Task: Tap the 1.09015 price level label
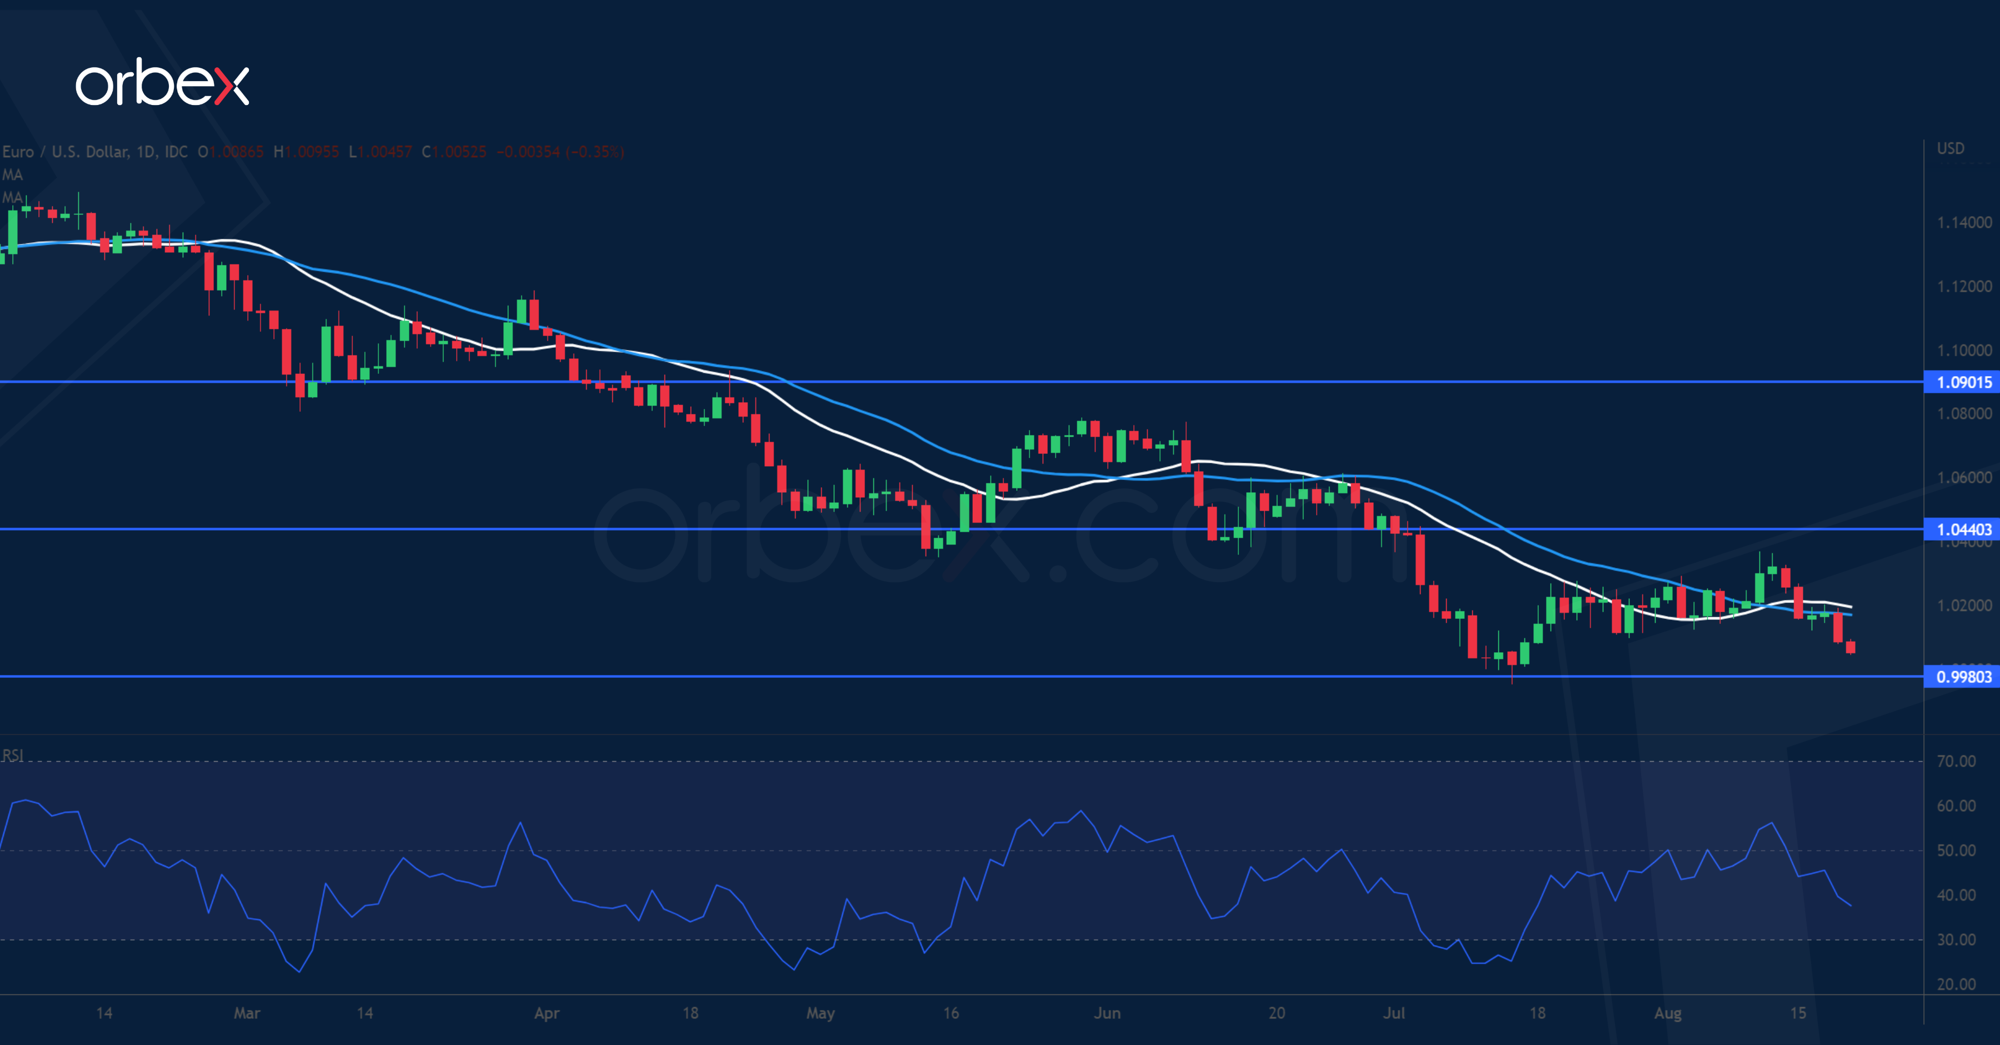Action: click(1963, 382)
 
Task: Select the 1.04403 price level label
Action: click(1963, 529)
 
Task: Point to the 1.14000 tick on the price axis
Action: click(1963, 223)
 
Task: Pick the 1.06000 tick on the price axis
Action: click(1963, 477)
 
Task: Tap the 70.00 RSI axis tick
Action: click(1956, 761)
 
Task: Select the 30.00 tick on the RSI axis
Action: click(1956, 939)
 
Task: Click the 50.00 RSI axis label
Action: click(1956, 850)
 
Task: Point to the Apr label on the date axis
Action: click(547, 1013)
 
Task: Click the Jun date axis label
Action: click(1107, 1013)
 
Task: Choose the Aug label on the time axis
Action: click(1668, 1013)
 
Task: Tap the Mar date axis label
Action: click(247, 1013)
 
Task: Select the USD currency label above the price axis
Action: click(1951, 148)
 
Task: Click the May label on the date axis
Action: click(820, 1013)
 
